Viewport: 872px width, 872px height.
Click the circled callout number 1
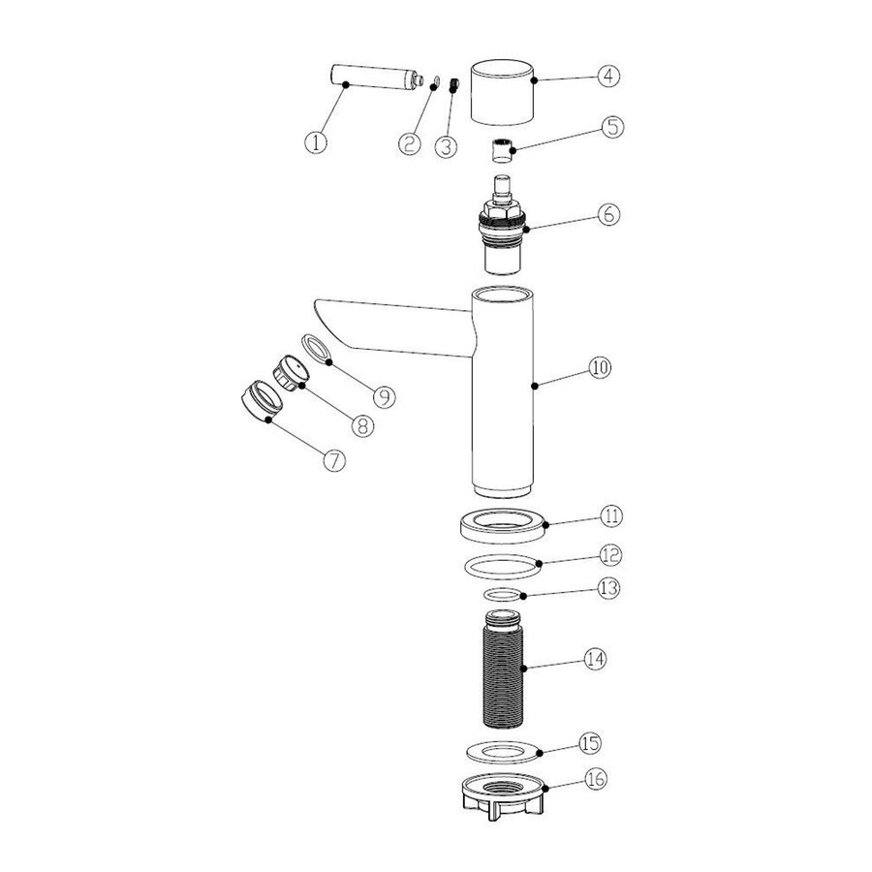[x=316, y=142]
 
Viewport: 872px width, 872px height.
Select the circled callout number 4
[x=608, y=75]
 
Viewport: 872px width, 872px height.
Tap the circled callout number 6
[x=608, y=214]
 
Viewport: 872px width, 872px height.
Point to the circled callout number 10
[x=600, y=367]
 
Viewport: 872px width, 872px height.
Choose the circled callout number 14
[x=595, y=659]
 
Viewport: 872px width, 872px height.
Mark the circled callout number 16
[x=596, y=779]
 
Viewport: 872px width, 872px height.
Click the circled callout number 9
[x=385, y=396]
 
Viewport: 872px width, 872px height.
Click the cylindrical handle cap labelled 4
[x=502, y=92]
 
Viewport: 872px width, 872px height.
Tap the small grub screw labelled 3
[x=453, y=85]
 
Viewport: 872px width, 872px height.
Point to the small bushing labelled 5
[x=502, y=150]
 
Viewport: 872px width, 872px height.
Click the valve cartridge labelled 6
[x=502, y=225]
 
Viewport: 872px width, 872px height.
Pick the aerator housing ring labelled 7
[x=262, y=400]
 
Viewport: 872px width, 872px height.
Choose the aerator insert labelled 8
[x=291, y=373]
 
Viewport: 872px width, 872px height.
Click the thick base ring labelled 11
[x=503, y=525]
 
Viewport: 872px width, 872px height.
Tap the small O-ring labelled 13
[x=503, y=595]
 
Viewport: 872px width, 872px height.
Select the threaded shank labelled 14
[x=503, y=669]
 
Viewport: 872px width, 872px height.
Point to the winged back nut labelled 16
[x=502, y=796]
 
